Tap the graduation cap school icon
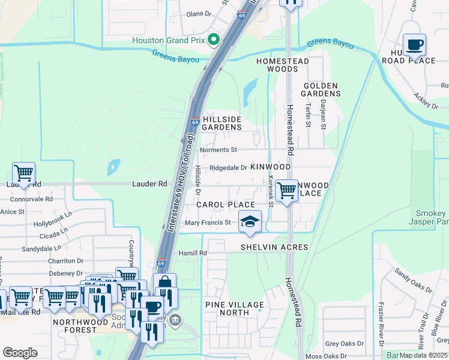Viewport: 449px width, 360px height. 250,221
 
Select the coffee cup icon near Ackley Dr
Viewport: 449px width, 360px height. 414,44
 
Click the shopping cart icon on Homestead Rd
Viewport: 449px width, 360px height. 287,190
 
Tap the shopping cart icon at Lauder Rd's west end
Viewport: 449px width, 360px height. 23,173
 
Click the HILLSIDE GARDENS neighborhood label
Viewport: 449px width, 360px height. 222,123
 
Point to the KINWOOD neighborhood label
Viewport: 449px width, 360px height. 271,166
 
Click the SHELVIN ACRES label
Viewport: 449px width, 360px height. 274,247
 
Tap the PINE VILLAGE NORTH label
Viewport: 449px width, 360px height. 235,308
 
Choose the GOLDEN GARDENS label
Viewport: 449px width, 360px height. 321,89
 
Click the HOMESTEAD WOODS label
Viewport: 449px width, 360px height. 283,65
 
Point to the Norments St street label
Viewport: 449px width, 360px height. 219,149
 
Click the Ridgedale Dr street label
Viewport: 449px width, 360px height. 228,168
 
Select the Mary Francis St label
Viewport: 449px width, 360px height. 208,223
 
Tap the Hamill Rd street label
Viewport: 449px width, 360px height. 193,254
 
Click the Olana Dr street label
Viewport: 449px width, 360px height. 199,13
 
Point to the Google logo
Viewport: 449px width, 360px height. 20,353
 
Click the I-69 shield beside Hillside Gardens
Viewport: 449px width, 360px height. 196,122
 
